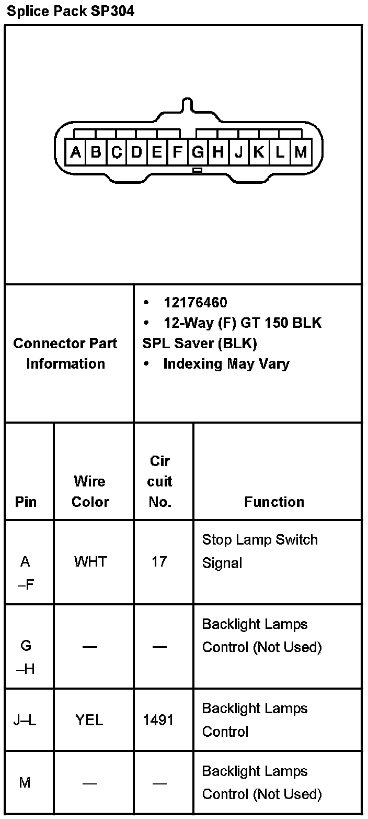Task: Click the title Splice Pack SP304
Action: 71,12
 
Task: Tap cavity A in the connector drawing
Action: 76,152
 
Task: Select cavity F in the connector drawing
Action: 178,152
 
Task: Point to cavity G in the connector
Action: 198,152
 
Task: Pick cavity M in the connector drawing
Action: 300,152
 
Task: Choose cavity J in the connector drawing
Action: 239,152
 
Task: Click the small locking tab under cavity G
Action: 197,170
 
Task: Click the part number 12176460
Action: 195,303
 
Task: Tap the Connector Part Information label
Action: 65,353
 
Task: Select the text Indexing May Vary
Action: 226,364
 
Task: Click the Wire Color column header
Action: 90,491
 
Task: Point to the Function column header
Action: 274,502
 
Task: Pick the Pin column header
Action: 26,502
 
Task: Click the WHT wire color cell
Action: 90,562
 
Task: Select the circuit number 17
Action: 159,562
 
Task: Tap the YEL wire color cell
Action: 89,720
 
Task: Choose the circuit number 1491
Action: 158,720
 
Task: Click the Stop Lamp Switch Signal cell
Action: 260,551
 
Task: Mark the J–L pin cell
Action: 25,720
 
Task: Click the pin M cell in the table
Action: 25,783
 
